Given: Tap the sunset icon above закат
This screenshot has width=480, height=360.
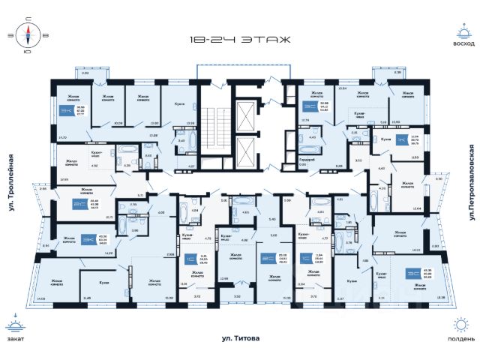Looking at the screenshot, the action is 16,325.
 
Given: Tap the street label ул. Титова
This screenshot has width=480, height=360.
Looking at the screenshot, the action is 240,340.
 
